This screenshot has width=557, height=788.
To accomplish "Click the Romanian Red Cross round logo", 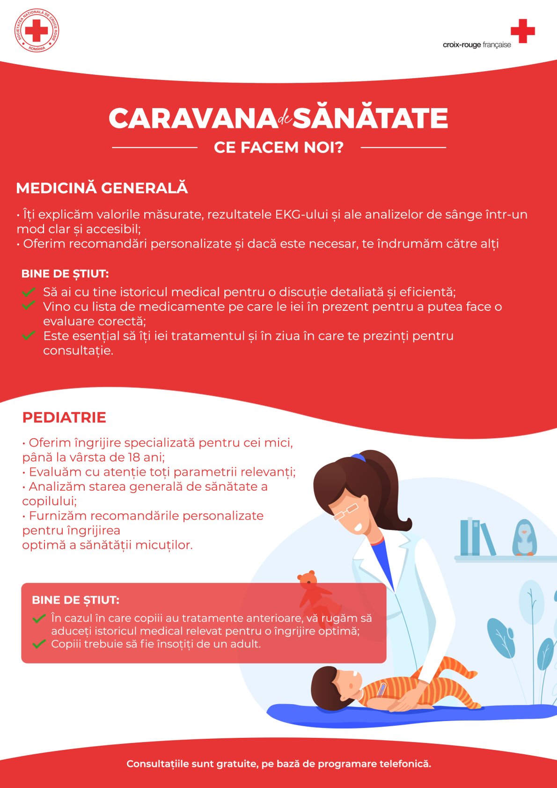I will click(x=37, y=30).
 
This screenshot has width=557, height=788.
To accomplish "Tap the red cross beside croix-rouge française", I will click(x=522, y=31).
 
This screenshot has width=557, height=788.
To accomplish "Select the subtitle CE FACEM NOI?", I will click(x=278, y=147).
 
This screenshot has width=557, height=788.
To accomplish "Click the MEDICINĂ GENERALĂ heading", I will click(x=102, y=188).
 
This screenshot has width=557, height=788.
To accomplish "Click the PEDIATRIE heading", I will click(x=64, y=417).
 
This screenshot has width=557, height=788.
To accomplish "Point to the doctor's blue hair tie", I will click(x=359, y=457).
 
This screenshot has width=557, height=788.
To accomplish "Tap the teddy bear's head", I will click(x=307, y=580).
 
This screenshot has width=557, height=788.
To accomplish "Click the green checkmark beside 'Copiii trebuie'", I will click(x=39, y=644).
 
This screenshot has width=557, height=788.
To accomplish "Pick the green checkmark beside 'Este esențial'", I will click(x=29, y=335).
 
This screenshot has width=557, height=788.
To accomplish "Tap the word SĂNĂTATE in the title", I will click(x=370, y=118).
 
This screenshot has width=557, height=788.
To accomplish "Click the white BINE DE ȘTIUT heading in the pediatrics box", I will click(x=75, y=600).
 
